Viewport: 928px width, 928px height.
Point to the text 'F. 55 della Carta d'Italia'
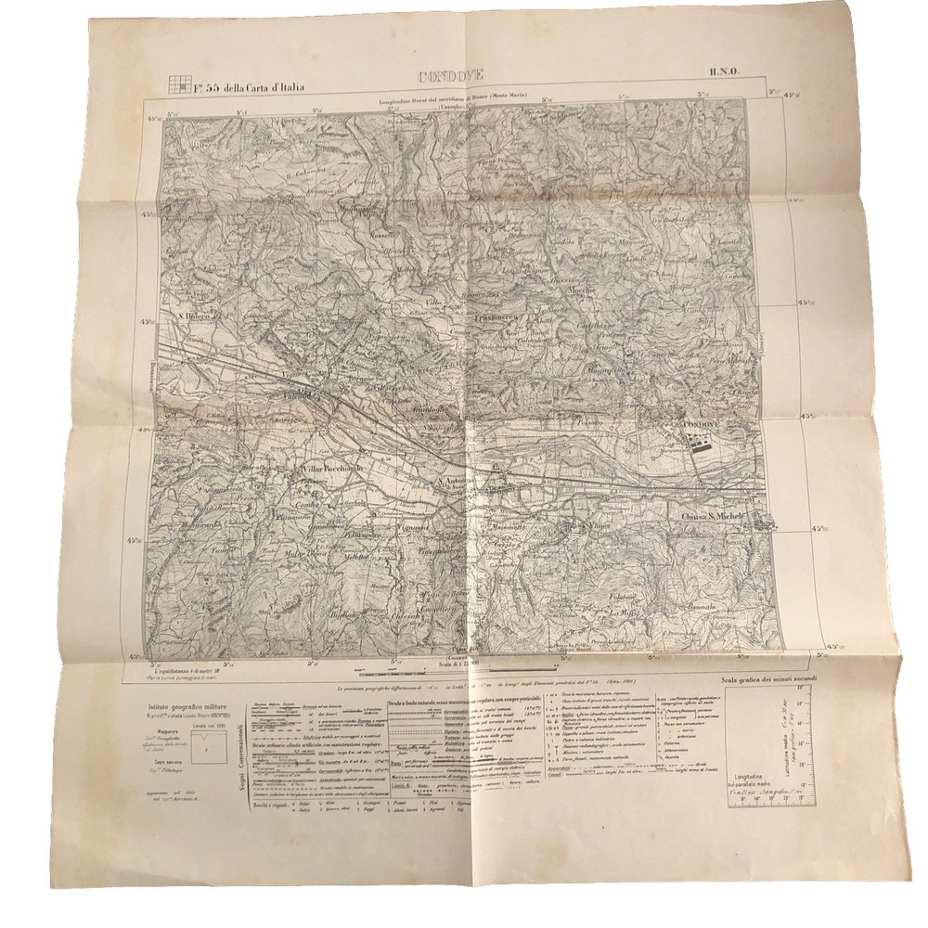[x=249, y=89]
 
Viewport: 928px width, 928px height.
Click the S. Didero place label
[x=197, y=322]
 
